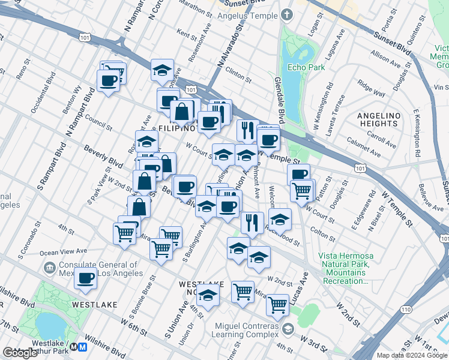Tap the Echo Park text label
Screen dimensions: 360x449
(306, 67)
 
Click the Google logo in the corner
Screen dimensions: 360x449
(20, 353)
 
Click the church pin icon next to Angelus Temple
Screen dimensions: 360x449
(287, 14)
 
